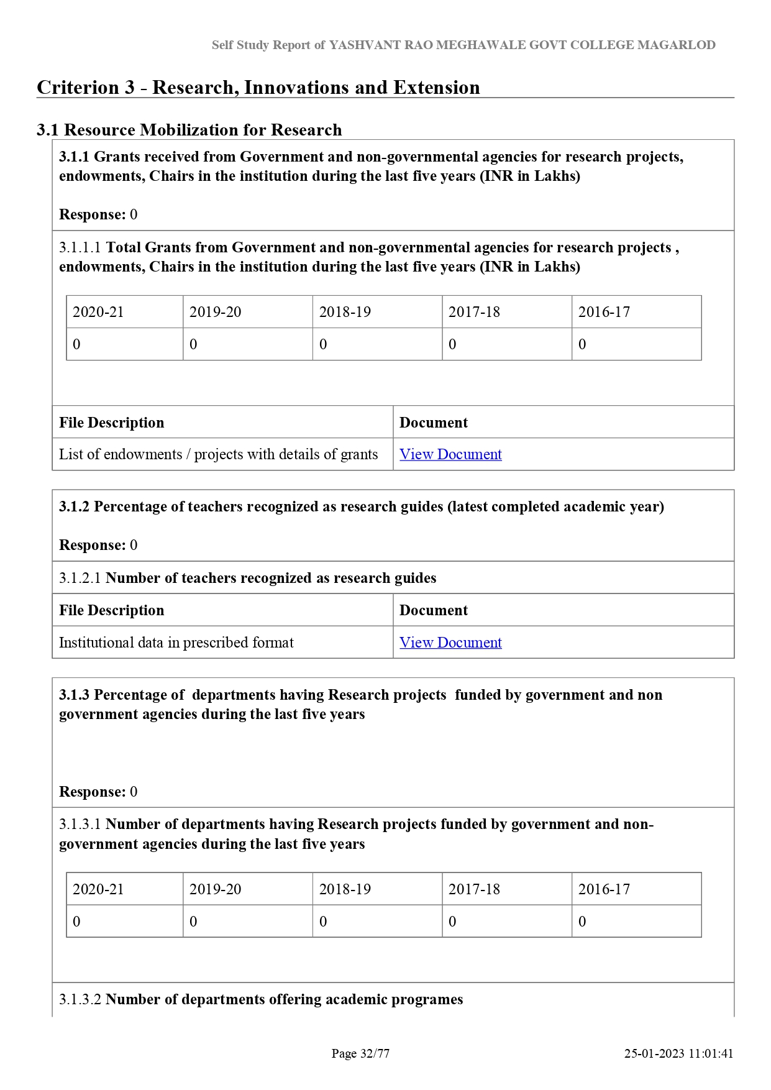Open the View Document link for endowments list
(x=450, y=454)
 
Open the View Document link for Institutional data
(x=450, y=643)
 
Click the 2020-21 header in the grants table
(x=98, y=312)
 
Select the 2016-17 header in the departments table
(x=604, y=889)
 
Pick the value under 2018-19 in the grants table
(x=323, y=344)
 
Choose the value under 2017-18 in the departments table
(x=452, y=922)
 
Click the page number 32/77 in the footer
(x=375, y=1053)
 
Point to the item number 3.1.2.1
(x=80, y=578)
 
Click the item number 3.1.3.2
(x=80, y=999)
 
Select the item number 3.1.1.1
(x=80, y=247)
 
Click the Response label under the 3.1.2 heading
(x=92, y=545)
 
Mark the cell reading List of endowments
(x=218, y=454)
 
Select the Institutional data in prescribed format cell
(x=176, y=643)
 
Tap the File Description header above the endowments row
(x=112, y=423)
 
